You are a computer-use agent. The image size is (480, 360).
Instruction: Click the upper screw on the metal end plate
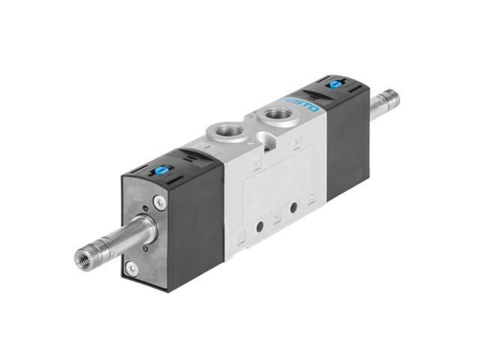pyautogui.click(x=160, y=202)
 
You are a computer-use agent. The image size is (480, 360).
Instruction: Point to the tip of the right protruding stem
pyautogui.click(x=391, y=98)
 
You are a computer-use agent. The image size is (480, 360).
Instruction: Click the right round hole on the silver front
pyautogui.click(x=293, y=204)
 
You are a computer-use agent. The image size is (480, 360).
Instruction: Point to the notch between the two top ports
pyautogui.click(x=255, y=136)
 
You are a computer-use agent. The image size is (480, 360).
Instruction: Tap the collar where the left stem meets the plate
pyautogui.click(x=142, y=229)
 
